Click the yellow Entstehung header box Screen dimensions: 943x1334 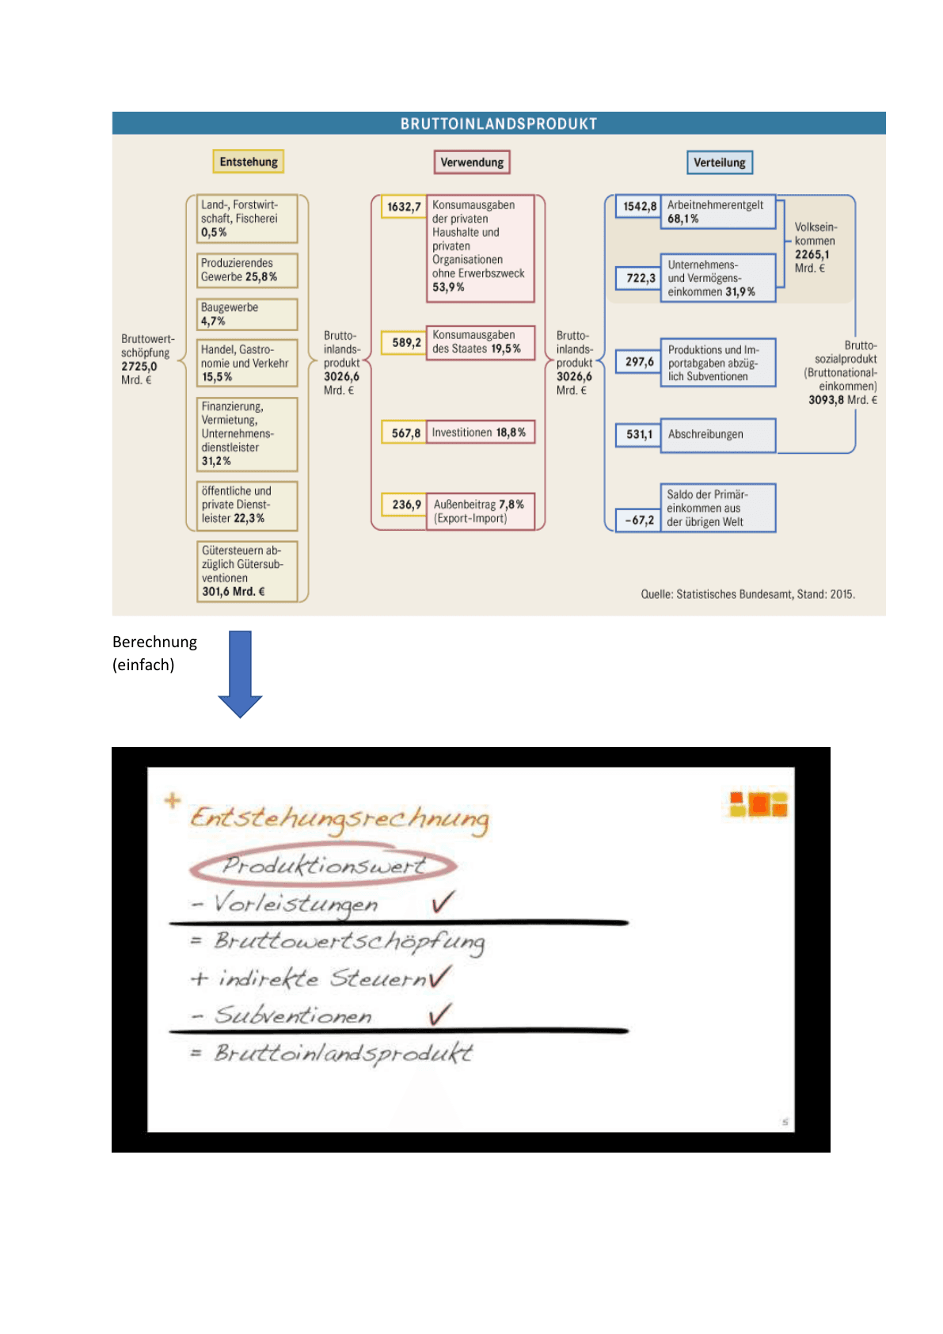click(249, 162)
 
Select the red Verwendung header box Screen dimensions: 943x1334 click(472, 162)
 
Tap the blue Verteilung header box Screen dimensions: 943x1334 click(719, 162)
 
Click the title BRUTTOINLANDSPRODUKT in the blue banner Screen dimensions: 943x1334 click(498, 124)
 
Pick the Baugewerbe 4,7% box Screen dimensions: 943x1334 click(247, 314)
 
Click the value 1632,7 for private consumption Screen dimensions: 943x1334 click(404, 207)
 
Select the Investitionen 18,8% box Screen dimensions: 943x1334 click(480, 432)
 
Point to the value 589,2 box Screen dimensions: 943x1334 click(404, 342)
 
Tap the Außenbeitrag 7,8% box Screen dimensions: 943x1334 click(480, 510)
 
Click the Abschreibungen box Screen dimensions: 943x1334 click(718, 435)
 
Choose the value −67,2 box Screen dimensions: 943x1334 click(638, 520)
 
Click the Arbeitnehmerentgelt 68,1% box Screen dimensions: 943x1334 click(718, 212)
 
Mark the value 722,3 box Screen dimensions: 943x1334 click(638, 277)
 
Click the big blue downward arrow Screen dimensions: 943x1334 click(240, 674)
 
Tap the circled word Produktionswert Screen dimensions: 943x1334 click(323, 864)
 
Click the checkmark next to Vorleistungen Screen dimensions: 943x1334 click(443, 901)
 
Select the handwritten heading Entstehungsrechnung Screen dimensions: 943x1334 click(340, 818)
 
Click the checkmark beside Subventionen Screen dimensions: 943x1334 click(440, 1014)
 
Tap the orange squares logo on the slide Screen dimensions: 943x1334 click(759, 803)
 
